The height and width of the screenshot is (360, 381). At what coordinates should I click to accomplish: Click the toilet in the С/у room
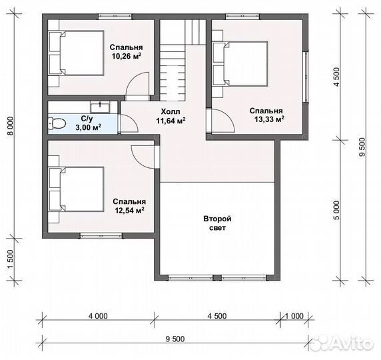point(57,123)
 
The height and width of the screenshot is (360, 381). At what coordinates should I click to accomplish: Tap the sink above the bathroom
point(100,107)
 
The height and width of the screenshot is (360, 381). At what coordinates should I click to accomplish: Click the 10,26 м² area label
point(127,56)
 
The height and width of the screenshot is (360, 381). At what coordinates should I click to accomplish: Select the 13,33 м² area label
point(269,119)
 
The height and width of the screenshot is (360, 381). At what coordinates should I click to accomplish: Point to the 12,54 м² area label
point(130,210)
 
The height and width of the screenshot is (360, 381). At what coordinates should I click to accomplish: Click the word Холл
point(171,111)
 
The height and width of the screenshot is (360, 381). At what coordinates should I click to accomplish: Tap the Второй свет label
point(217,223)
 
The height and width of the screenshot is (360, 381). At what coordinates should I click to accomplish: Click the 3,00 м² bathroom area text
point(88,127)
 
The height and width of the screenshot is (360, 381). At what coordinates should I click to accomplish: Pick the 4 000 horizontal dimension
point(98,316)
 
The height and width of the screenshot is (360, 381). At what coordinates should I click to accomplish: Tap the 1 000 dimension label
point(294,316)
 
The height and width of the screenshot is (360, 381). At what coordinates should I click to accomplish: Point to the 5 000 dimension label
point(337,210)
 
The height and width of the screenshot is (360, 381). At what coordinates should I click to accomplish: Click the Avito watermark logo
point(342,343)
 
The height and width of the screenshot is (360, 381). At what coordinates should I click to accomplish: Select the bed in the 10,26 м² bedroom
point(77,53)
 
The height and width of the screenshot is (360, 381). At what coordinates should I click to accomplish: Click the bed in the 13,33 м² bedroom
point(240,64)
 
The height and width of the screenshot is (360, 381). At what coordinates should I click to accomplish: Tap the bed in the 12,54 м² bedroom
point(77,189)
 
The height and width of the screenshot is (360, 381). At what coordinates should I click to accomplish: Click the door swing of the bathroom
point(130,124)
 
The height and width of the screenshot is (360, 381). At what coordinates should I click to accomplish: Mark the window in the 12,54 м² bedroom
point(101,235)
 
